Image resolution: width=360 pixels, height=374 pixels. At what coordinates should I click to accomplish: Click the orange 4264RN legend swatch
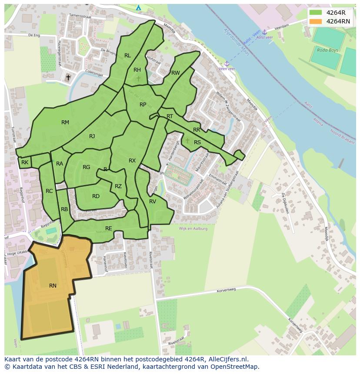[316, 21]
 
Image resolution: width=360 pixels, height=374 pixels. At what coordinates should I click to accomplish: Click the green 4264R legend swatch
[316, 13]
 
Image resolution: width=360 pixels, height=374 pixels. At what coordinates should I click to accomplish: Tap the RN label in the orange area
[53, 285]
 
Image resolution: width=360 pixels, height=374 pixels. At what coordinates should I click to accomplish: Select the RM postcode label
[65, 122]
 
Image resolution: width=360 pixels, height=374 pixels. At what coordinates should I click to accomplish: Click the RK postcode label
[25, 162]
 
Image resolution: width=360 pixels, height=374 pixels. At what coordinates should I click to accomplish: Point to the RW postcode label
[175, 73]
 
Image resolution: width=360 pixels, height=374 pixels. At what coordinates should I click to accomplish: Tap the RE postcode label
[109, 228]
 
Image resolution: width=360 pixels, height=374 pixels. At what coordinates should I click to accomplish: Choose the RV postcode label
[153, 202]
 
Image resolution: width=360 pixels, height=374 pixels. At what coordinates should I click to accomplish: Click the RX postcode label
[132, 161]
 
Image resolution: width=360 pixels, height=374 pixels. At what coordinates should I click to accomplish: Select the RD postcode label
[96, 196]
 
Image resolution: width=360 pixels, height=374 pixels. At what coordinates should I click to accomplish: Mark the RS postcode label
[197, 142]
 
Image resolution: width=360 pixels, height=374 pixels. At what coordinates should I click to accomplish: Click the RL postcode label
[127, 56]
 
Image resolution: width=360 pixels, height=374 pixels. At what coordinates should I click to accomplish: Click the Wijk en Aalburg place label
[193, 228]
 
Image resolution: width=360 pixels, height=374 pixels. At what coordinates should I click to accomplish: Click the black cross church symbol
[68, 78]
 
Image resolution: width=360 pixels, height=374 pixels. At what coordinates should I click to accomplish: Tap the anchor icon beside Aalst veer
[264, 32]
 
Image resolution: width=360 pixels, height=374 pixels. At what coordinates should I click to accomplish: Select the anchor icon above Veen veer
[227, 63]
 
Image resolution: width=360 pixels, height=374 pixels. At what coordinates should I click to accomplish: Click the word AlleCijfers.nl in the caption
[227, 360]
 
